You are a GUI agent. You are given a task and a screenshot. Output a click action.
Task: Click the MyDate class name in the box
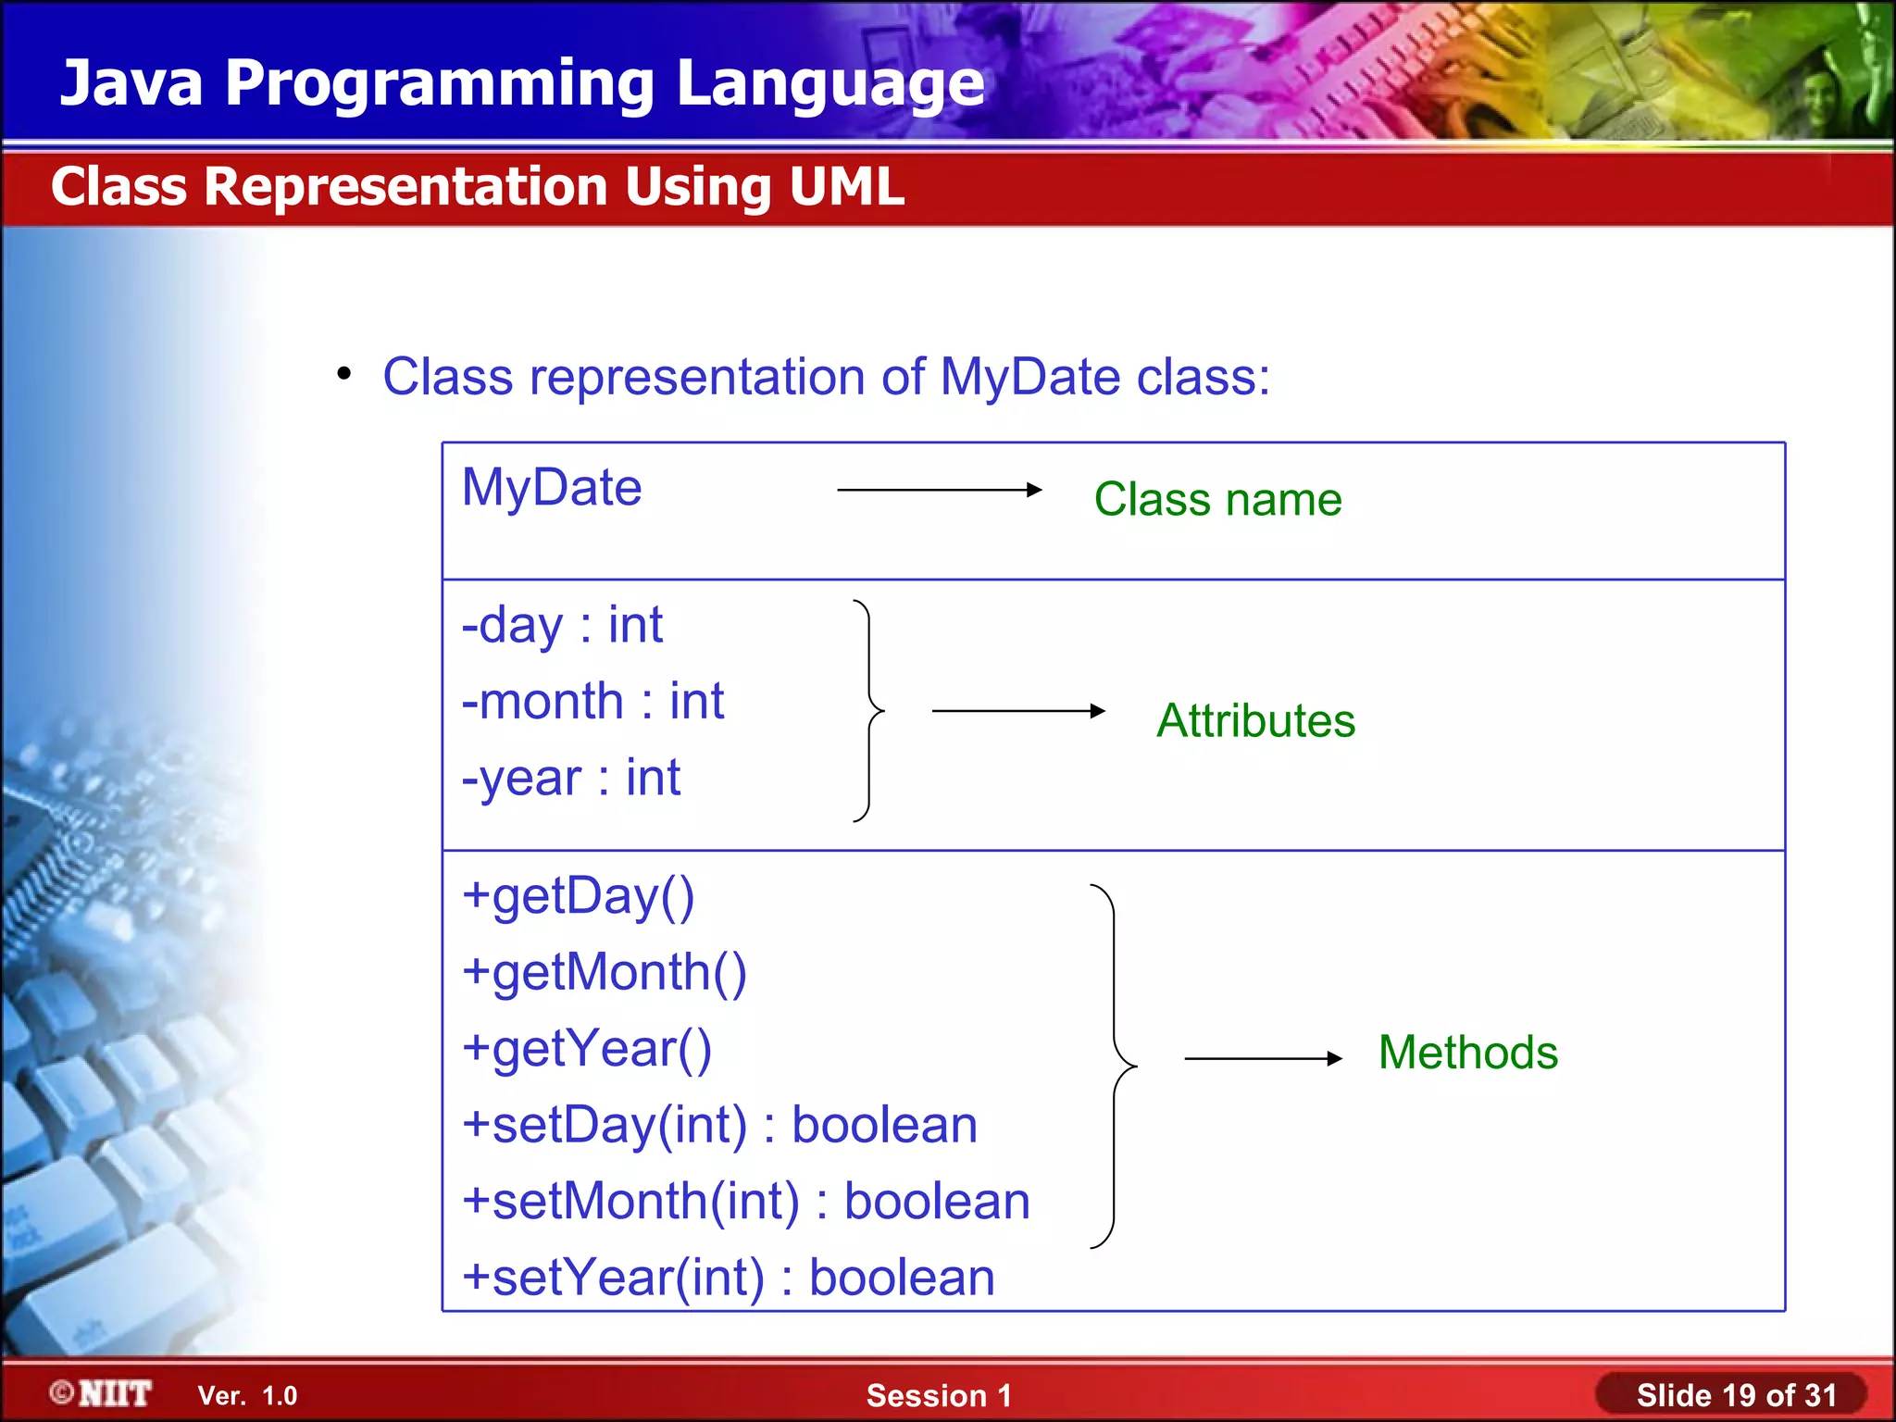(552, 489)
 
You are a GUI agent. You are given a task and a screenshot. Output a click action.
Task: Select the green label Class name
(1217, 500)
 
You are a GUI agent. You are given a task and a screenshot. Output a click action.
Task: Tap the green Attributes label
(1255, 721)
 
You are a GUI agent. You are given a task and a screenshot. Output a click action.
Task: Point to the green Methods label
(1467, 1054)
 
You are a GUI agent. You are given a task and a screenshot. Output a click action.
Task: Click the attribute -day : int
(562, 626)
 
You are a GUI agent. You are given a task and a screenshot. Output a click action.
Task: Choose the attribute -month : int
(592, 702)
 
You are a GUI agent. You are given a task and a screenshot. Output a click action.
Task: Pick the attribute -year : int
(571, 779)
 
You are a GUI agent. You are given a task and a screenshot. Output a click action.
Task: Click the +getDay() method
(579, 897)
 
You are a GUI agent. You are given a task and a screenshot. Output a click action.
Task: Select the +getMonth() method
(605, 974)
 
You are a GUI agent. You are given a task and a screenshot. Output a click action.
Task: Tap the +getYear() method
(587, 1050)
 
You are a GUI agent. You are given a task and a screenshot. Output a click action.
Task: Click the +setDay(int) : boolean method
(719, 1126)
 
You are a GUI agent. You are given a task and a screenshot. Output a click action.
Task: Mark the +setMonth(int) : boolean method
(746, 1202)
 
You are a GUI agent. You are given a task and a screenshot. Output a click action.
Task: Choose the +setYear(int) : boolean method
(729, 1279)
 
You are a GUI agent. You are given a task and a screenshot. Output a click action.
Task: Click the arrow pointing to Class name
(939, 490)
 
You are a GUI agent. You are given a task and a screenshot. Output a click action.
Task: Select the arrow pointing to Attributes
(1018, 711)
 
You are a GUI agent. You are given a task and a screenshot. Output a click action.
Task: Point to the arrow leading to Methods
(1263, 1058)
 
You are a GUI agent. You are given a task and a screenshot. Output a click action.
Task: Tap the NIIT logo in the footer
(102, 1394)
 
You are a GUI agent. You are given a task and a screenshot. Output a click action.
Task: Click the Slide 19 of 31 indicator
(1735, 1395)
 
